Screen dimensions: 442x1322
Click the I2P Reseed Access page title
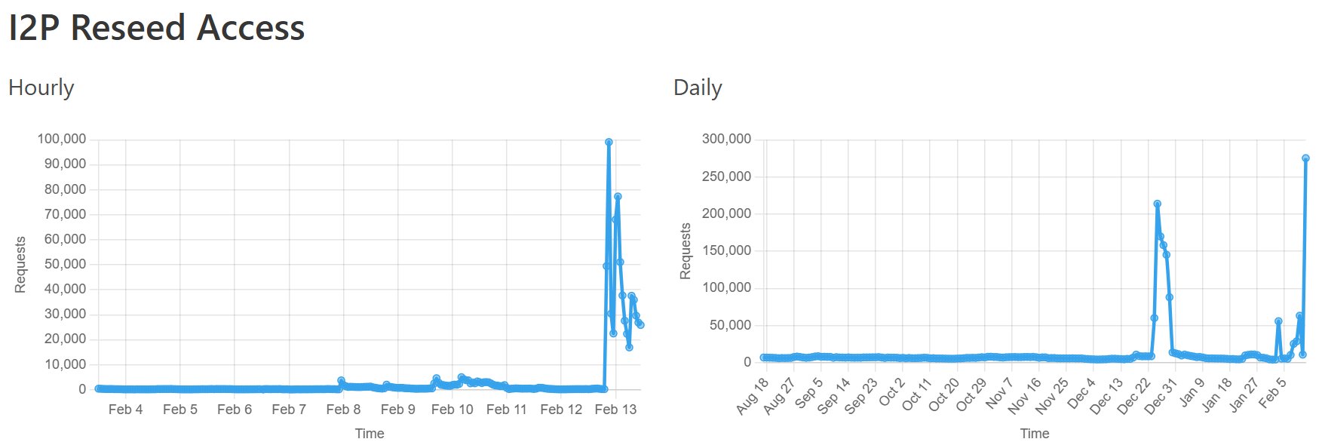pyautogui.click(x=156, y=29)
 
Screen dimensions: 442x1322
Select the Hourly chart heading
pyautogui.click(x=41, y=88)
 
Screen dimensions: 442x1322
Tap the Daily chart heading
pyautogui.click(x=698, y=88)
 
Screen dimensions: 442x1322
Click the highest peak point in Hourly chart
pyautogui.click(x=609, y=142)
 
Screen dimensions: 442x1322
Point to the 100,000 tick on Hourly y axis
pyautogui.click(x=62, y=139)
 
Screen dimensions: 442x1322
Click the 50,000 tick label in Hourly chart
pyautogui.click(x=65, y=264)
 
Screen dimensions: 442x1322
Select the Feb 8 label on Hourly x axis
pyautogui.click(x=343, y=410)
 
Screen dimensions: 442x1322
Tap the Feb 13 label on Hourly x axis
pyautogui.click(x=615, y=410)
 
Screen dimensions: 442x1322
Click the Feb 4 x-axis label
pyautogui.click(x=125, y=410)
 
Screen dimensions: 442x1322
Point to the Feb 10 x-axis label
pyautogui.click(x=452, y=410)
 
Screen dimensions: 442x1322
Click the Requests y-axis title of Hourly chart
pyautogui.click(x=20, y=264)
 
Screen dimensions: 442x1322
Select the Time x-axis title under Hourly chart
pyautogui.click(x=370, y=433)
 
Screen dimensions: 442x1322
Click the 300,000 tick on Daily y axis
pyautogui.click(x=726, y=139)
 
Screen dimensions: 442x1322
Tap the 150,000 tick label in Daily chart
pyautogui.click(x=726, y=250)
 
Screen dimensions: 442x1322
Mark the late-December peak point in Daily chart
pyautogui.click(x=1157, y=204)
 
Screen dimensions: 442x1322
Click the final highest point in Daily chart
pyautogui.click(x=1305, y=158)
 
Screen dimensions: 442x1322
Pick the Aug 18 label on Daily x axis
pyautogui.click(x=753, y=395)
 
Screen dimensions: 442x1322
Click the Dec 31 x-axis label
pyautogui.click(x=1161, y=395)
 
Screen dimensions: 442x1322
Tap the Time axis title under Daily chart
pyautogui.click(x=1035, y=433)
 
